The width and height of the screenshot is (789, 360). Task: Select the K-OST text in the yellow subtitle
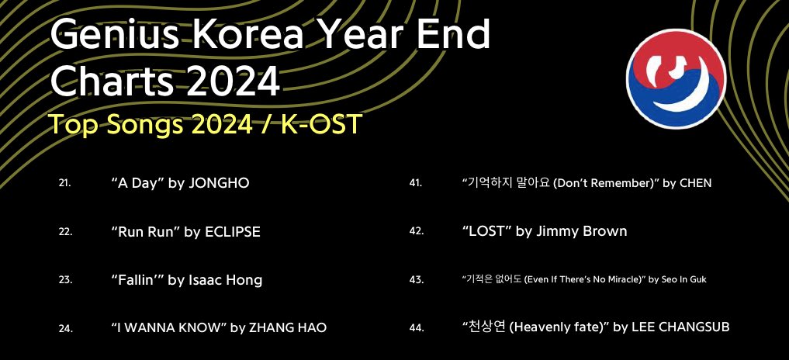pyautogui.click(x=322, y=124)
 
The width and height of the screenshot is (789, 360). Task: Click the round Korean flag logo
pyautogui.click(x=676, y=78)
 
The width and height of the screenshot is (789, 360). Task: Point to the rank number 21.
pyautogui.click(x=65, y=183)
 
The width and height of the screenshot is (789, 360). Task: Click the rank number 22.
pyautogui.click(x=65, y=232)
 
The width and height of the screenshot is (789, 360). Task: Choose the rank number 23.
pyautogui.click(x=65, y=280)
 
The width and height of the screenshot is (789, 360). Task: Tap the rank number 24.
pyautogui.click(x=65, y=328)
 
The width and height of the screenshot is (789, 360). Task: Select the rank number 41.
pyautogui.click(x=416, y=183)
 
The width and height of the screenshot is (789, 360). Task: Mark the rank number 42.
pyautogui.click(x=417, y=232)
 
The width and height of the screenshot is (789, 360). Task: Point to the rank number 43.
pyautogui.click(x=417, y=280)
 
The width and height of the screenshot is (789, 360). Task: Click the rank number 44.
pyautogui.click(x=417, y=328)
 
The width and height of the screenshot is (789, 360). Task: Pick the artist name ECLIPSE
pyautogui.click(x=233, y=231)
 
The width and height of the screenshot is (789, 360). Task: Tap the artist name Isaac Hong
pyautogui.click(x=226, y=279)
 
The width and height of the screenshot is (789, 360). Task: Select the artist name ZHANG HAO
pyautogui.click(x=287, y=327)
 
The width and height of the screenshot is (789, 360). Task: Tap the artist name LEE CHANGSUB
pyautogui.click(x=680, y=327)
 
